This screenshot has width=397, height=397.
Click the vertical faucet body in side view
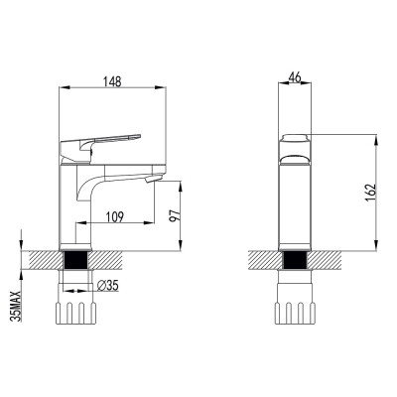[x=75, y=208]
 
